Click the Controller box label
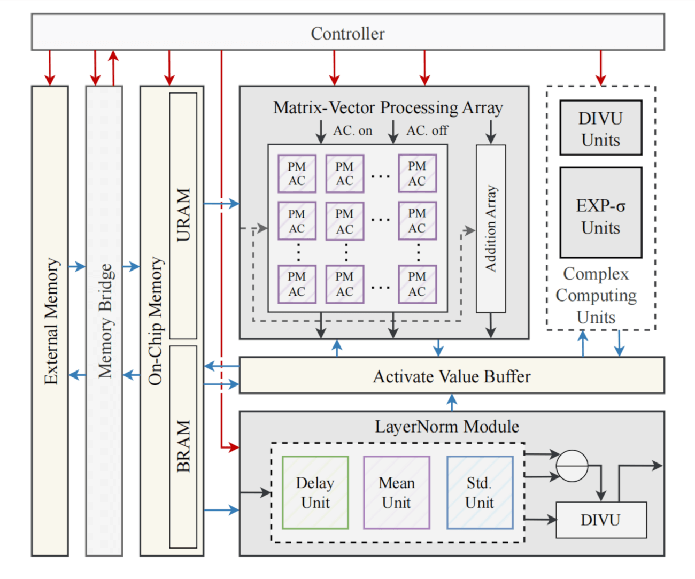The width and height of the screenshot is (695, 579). [x=347, y=33]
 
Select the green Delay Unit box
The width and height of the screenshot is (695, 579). [x=315, y=492]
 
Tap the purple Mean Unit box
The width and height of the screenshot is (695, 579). [x=396, y=492]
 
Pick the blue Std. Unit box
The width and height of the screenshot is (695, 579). [x=480, y=492]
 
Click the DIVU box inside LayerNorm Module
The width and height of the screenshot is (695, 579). [x=601, y=520]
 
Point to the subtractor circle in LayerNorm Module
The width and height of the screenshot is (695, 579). [x=572, y=466]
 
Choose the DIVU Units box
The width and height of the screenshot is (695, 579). [x=601, y=128]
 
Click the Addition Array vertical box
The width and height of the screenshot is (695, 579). [x=491, y=228]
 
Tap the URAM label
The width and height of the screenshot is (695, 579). [x=183, y=215]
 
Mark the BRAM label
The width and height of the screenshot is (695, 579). [x=183, y=446]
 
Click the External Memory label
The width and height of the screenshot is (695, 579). [x=51, y=321]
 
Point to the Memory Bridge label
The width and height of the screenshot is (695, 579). [x=105, y=321]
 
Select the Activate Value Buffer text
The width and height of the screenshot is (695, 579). [x=452, y=376]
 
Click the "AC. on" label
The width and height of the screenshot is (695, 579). [x=353, y=130]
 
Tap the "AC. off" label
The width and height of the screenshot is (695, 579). [x=427, y=130]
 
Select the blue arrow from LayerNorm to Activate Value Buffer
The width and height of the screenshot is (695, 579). [x=452, y=402]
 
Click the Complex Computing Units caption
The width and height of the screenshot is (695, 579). [x=596, y=295]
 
